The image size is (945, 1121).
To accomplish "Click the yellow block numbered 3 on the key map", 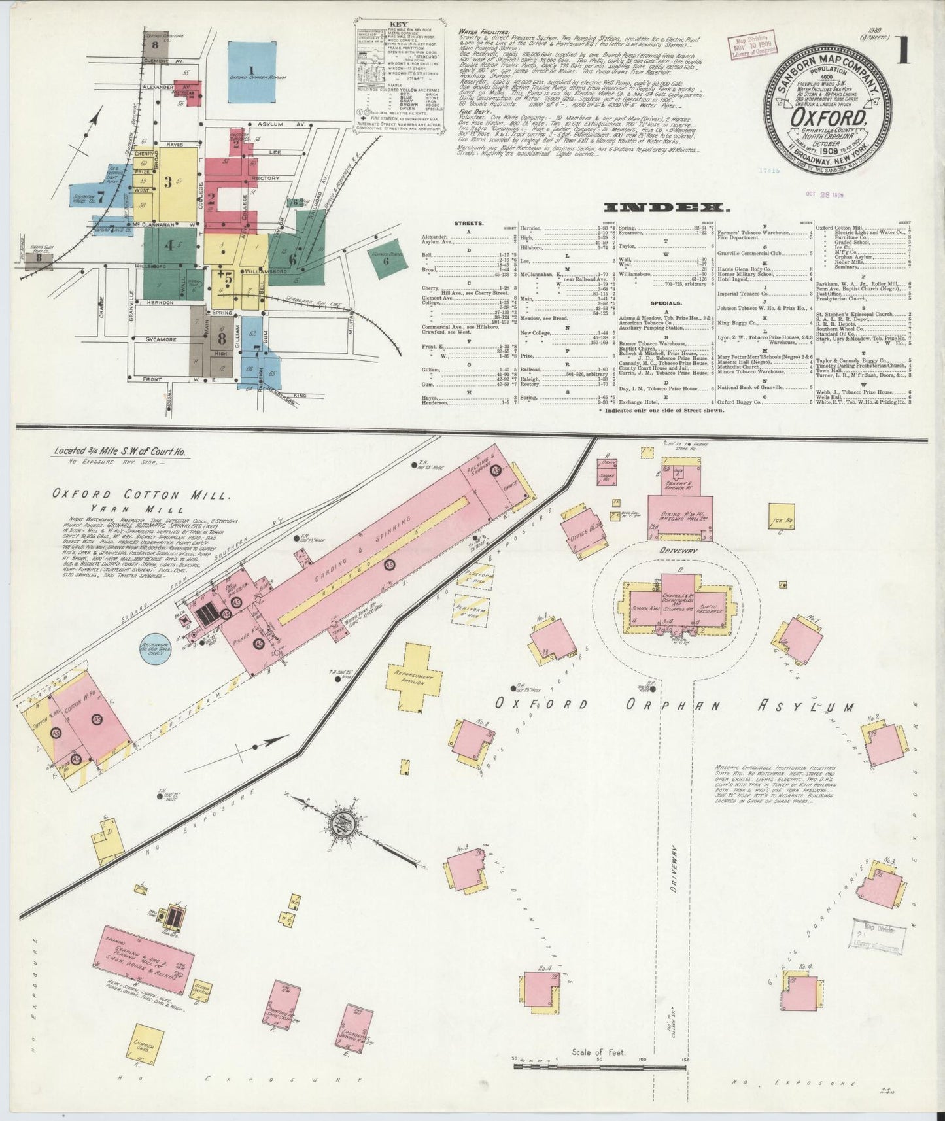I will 168,182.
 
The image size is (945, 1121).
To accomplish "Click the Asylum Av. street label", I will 283,124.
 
